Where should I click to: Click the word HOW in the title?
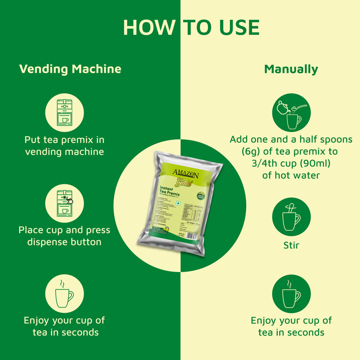click(149, 27)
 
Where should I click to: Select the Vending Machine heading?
click(70, 69)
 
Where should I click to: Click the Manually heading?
click(291, 69)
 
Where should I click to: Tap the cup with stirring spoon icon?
click(291, 217)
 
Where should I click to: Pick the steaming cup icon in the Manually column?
click(291, 293)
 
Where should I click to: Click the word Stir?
click(291, 245)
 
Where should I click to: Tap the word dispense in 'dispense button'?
click(50, 242)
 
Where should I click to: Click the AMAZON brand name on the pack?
click(185, 174)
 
